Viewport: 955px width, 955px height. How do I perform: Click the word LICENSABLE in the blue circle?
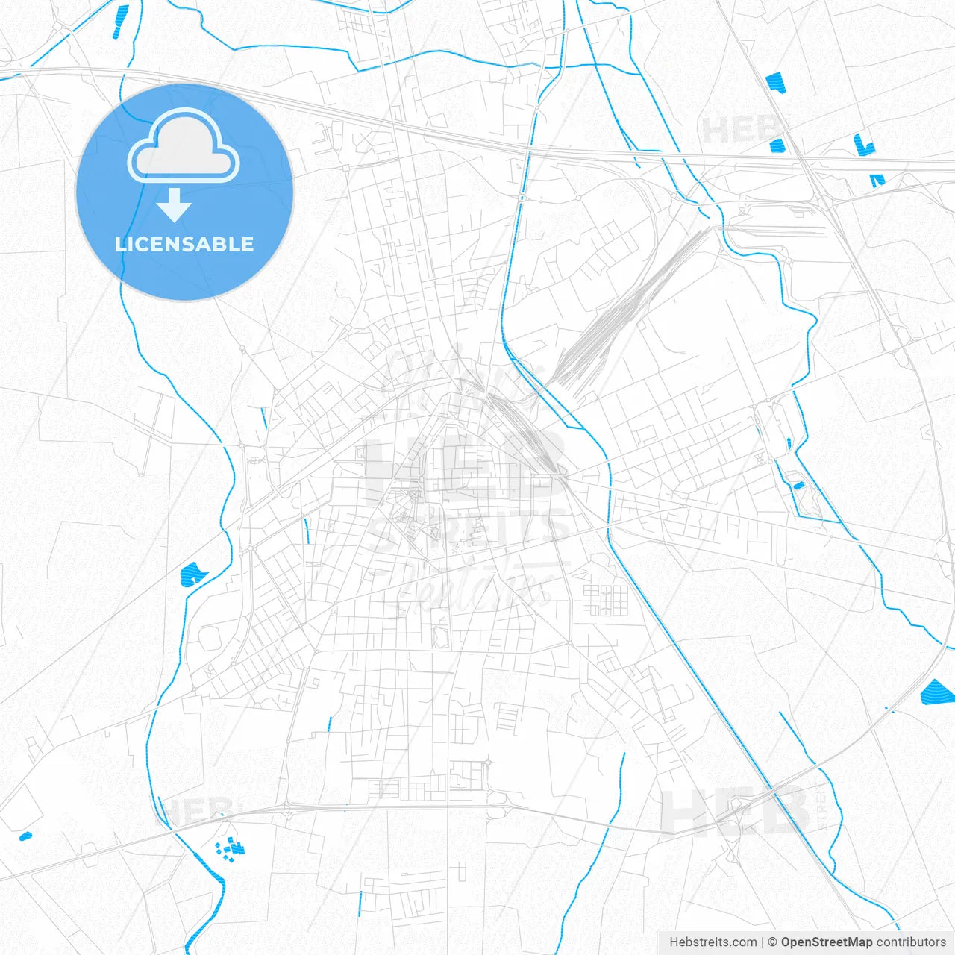(x=184, y=244)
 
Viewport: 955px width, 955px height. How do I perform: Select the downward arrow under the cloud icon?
(x=175, y=204)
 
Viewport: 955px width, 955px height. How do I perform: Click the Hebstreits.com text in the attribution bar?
(x=713, y=942)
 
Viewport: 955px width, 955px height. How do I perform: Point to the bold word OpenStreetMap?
(x=826, y=942)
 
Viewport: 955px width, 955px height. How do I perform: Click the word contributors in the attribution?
(x=911, y=942)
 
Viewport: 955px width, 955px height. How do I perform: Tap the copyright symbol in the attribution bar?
(x=772, y=942)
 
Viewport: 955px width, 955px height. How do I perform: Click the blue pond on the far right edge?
(x=936, y=693)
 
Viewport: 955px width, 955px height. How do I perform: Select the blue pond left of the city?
(x=192, y=574)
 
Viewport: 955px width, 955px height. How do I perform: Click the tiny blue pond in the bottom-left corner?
(x=26, y=836)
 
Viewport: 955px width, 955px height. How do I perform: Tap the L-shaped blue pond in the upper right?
(x=863, y=145)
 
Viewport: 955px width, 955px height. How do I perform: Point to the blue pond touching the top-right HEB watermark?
(x=777, y=145)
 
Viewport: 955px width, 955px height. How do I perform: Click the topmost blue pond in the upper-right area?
(x=775, y=82)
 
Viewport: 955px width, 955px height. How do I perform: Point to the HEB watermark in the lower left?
(x=195, y=810)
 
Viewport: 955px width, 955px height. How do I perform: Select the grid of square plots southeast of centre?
(x=605, y=600)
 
